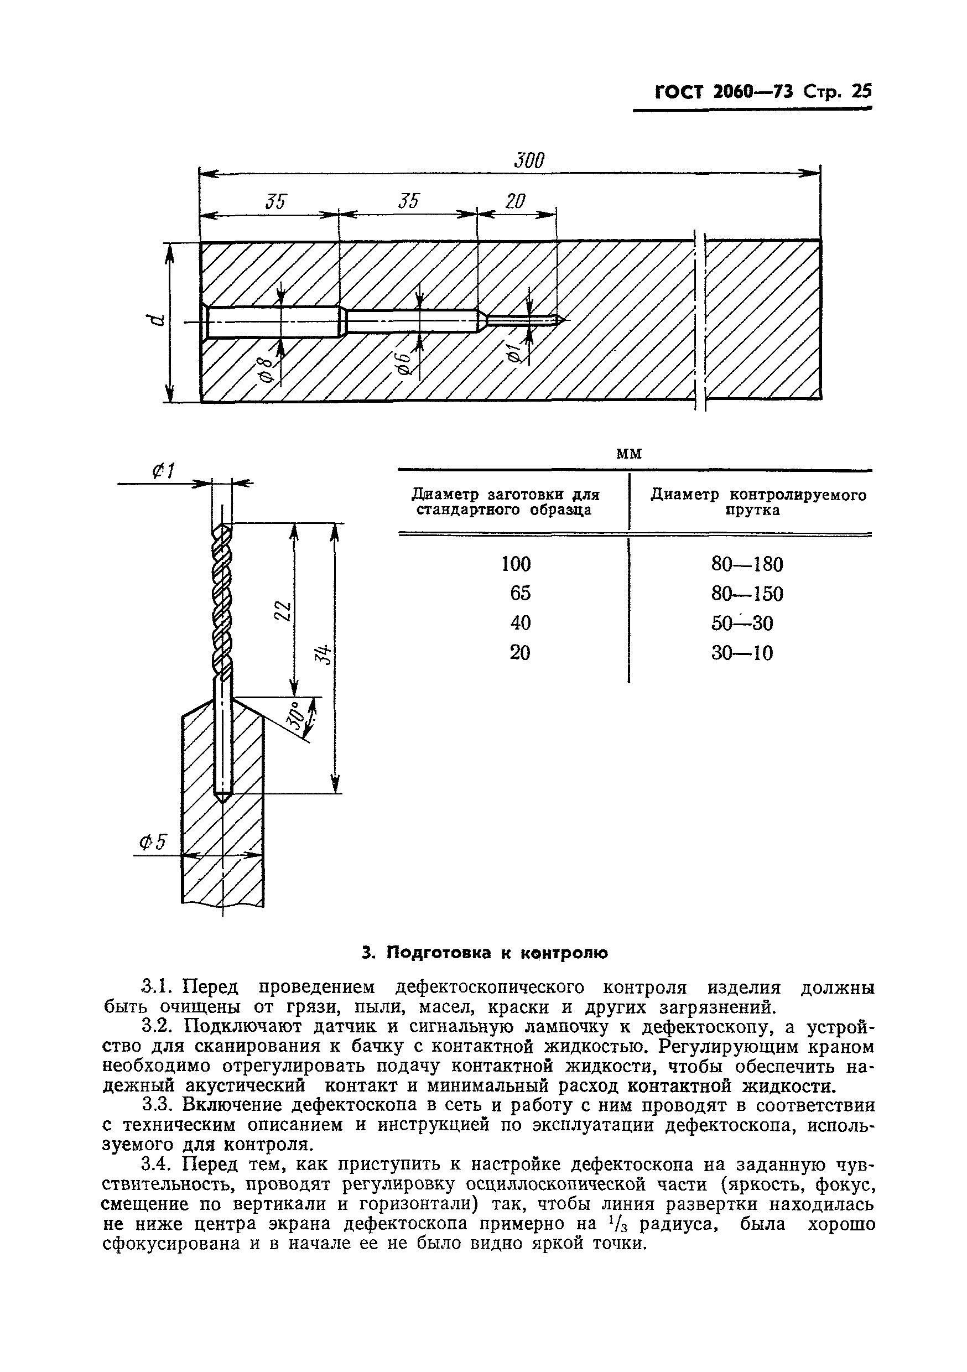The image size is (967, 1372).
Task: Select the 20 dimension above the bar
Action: click(x=515, y=202)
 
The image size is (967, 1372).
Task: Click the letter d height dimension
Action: click(x=157, y=320)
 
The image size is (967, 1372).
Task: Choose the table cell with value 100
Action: click(x=516, y=564)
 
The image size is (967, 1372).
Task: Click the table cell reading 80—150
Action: click(x=746, y=594)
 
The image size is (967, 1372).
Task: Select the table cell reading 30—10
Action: click(x=742, y=653)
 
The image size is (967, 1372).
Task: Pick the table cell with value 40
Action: click(x=520, y=623)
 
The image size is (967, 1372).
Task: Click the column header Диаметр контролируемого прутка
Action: click(x=758, y=502)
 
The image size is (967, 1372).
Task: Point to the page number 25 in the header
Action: click(x=861, y=91)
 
